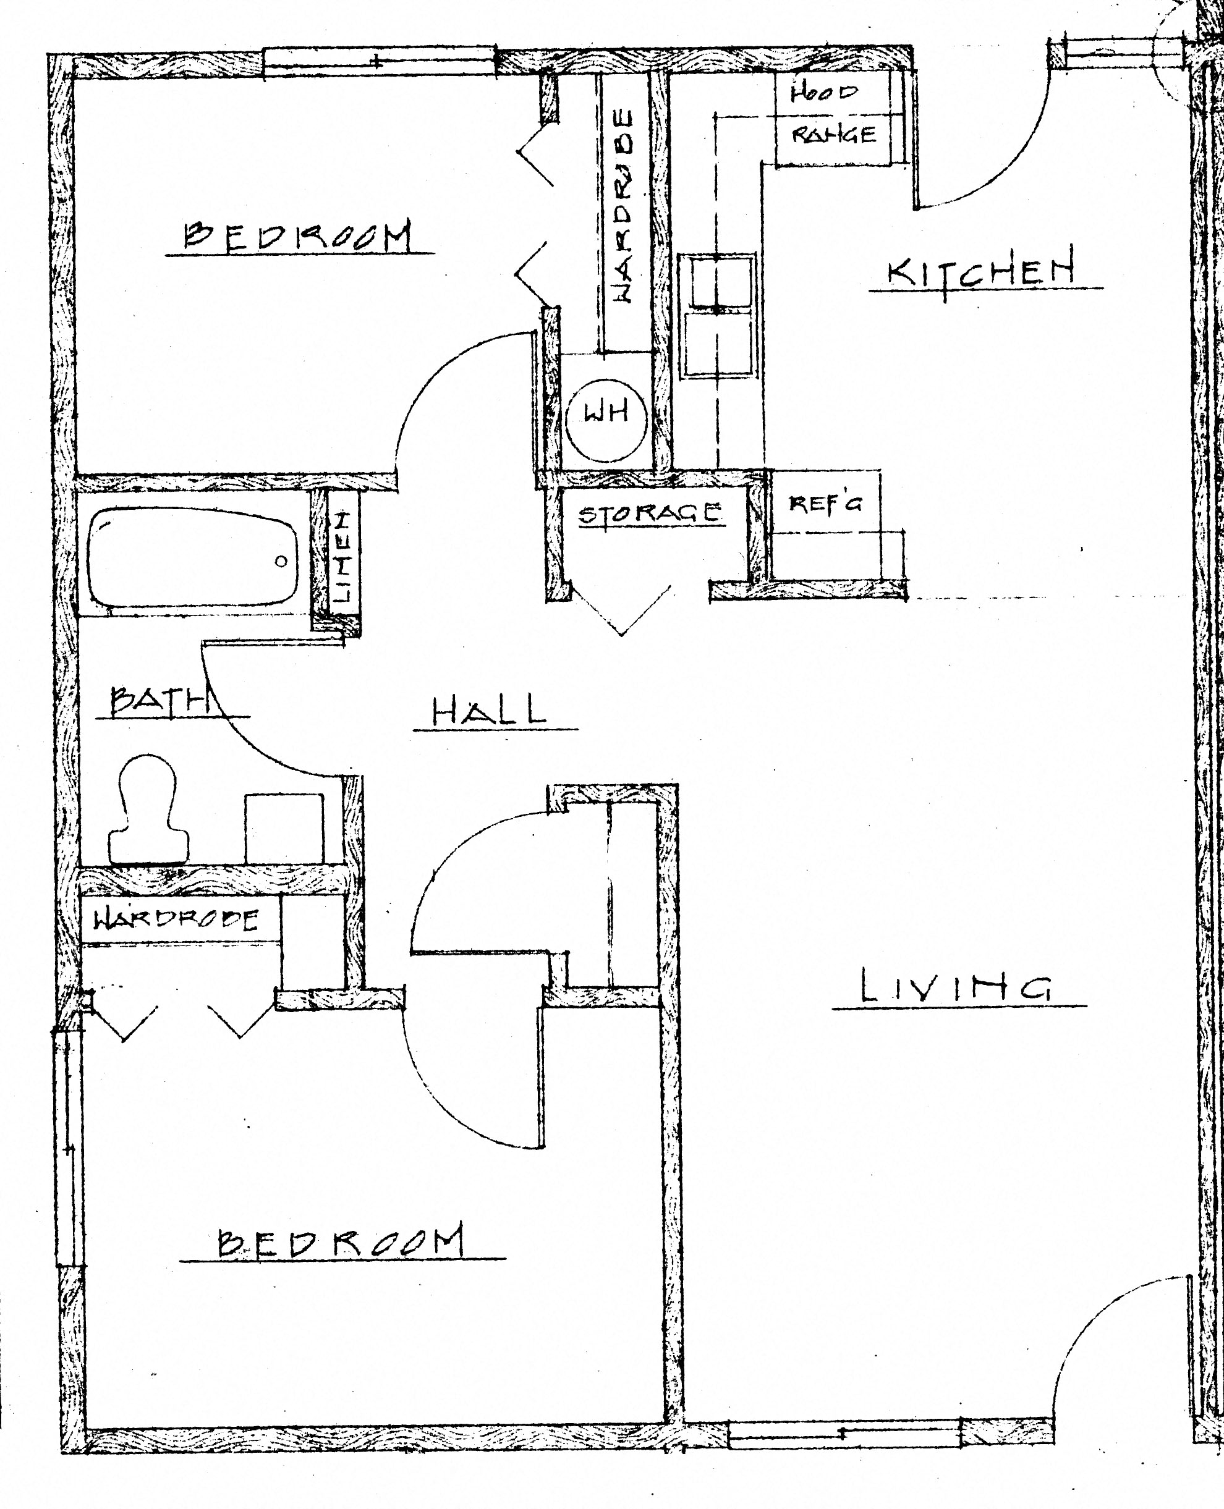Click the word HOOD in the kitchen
(823, 92)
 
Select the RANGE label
(834, 134)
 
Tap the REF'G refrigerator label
(824, 503)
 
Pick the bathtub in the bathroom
(192, 558)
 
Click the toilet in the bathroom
(148, 811)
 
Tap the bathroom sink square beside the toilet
(284, 829)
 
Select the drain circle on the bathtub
(281, 561)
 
